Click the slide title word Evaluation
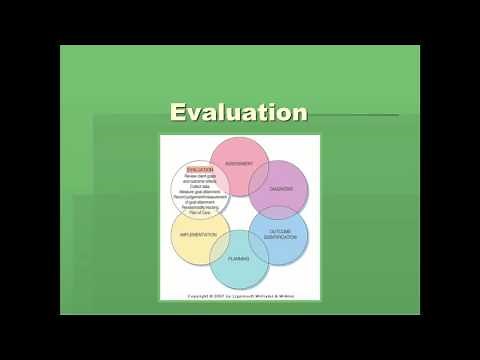(238, 112)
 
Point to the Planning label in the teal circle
(238, 258)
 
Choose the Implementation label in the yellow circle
(198, 233)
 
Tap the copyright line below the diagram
(238, 296)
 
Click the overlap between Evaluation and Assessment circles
(220, 172)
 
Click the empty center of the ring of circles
(240, 212)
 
